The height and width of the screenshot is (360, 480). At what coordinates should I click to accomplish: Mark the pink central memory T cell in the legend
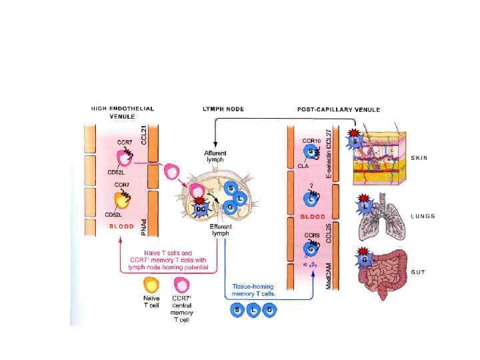pyautogui.click(x=178, y=285)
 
